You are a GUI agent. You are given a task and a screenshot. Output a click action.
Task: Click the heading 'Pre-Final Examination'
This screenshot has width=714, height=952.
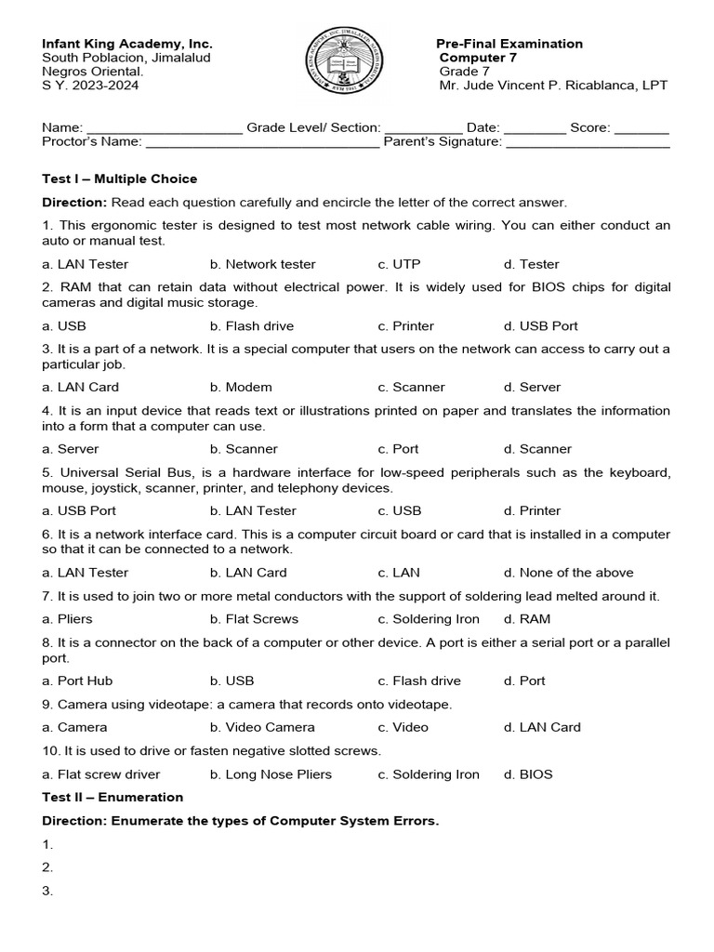(509, 44)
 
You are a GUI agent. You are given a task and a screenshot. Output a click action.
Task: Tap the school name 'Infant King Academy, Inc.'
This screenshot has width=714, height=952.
(127, 44)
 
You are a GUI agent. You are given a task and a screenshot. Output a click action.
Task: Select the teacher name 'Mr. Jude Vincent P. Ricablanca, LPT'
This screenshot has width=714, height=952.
(553, 86)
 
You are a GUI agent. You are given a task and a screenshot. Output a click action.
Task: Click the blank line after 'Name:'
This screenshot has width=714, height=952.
(164, 129)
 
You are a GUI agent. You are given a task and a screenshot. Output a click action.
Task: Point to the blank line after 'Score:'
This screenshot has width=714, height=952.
(641, 129)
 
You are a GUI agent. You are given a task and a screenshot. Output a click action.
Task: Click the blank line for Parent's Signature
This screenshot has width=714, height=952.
(587, 143)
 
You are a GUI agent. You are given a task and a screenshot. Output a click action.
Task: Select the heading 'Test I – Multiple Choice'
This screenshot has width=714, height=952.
(120, 178)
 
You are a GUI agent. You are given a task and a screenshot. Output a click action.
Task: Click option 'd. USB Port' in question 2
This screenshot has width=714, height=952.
(540, 326)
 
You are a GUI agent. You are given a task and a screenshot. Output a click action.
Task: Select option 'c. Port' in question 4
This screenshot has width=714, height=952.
(398, 449)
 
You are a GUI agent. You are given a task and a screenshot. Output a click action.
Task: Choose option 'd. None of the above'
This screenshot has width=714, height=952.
(568, 573)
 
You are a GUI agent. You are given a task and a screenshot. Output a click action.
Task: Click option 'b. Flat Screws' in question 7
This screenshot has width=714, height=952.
(254, 619)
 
